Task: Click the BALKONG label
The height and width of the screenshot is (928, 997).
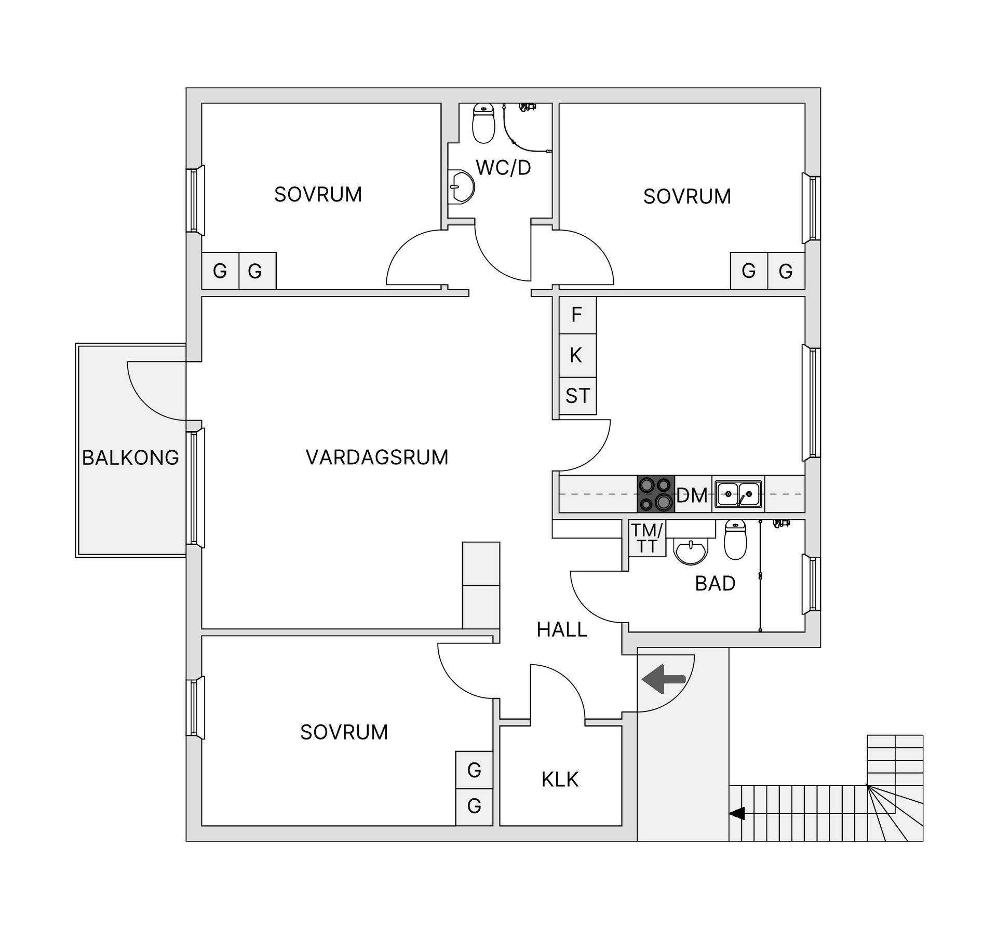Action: [x=130, y=458]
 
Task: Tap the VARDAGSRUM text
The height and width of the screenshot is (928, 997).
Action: [x=377, y=458]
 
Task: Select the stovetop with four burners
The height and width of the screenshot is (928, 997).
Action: [x=656, y=494]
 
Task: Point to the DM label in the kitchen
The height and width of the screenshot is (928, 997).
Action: [x=692, y=495]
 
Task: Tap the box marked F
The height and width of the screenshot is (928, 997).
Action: [x=577, y=315]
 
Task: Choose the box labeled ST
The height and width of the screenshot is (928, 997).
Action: [x=577, y=396]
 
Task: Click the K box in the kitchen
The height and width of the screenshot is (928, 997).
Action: [x=576, y=355]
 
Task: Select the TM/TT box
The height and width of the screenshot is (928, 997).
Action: [x=646, y=539]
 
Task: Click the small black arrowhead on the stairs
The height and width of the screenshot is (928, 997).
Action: [x=737, y=813]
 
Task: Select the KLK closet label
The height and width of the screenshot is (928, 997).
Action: [x=560, y=779]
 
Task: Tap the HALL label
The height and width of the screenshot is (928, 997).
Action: [x=561, y=629]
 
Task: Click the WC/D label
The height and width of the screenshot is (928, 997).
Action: [x=503, y=168]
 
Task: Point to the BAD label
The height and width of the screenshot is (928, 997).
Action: [x=715, y=584]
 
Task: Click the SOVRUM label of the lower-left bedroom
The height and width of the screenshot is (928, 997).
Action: [x=344, y=732]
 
